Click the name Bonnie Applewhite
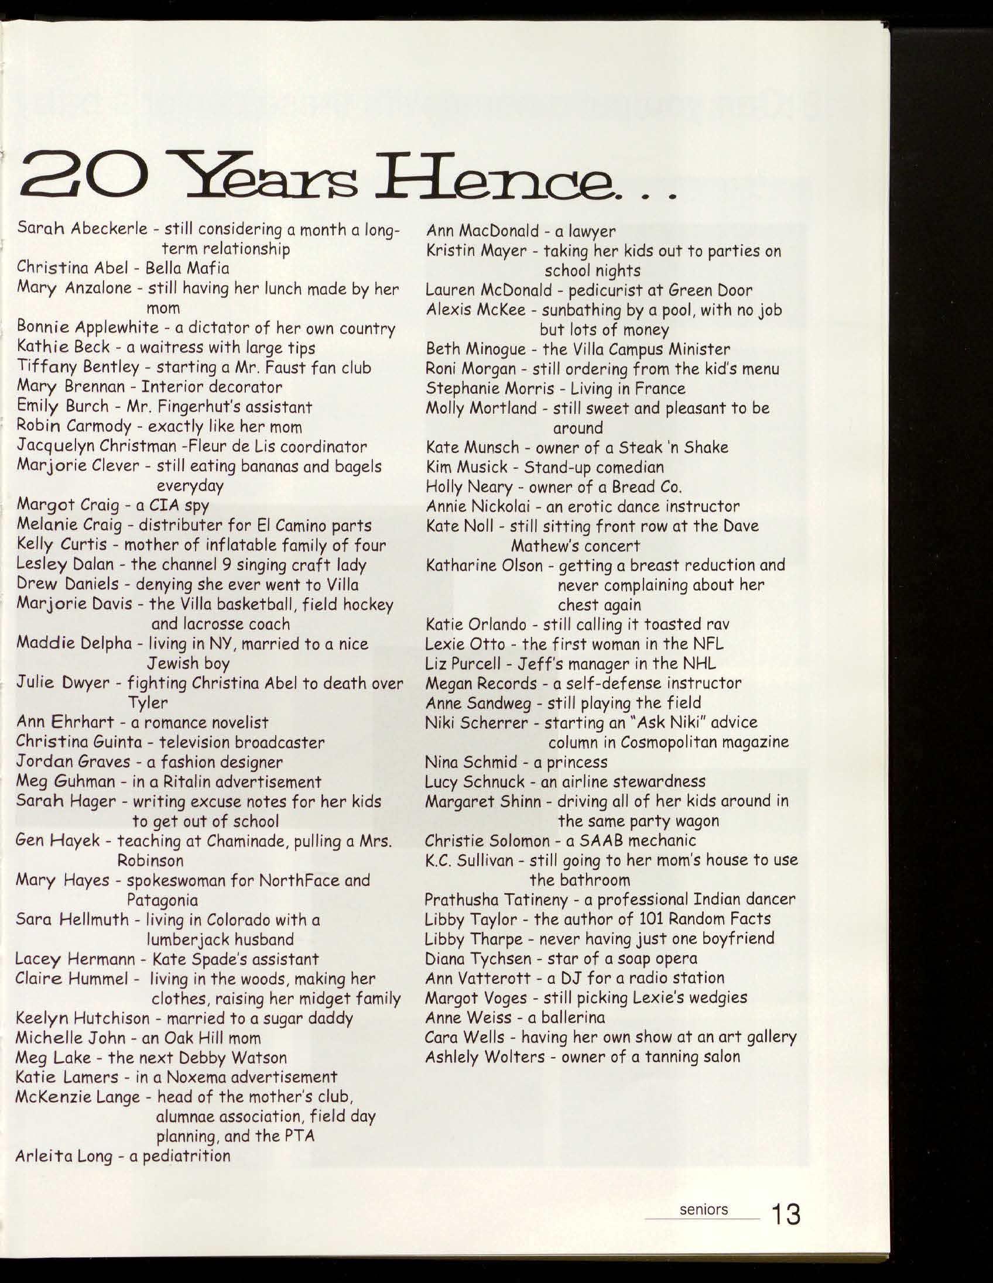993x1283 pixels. pos(88,328)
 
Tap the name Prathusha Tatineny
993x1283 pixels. pos(496,900)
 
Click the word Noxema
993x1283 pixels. pos(198,1077)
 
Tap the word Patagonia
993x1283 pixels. pos(162,900)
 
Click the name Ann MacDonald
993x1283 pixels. pos(482,231)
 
